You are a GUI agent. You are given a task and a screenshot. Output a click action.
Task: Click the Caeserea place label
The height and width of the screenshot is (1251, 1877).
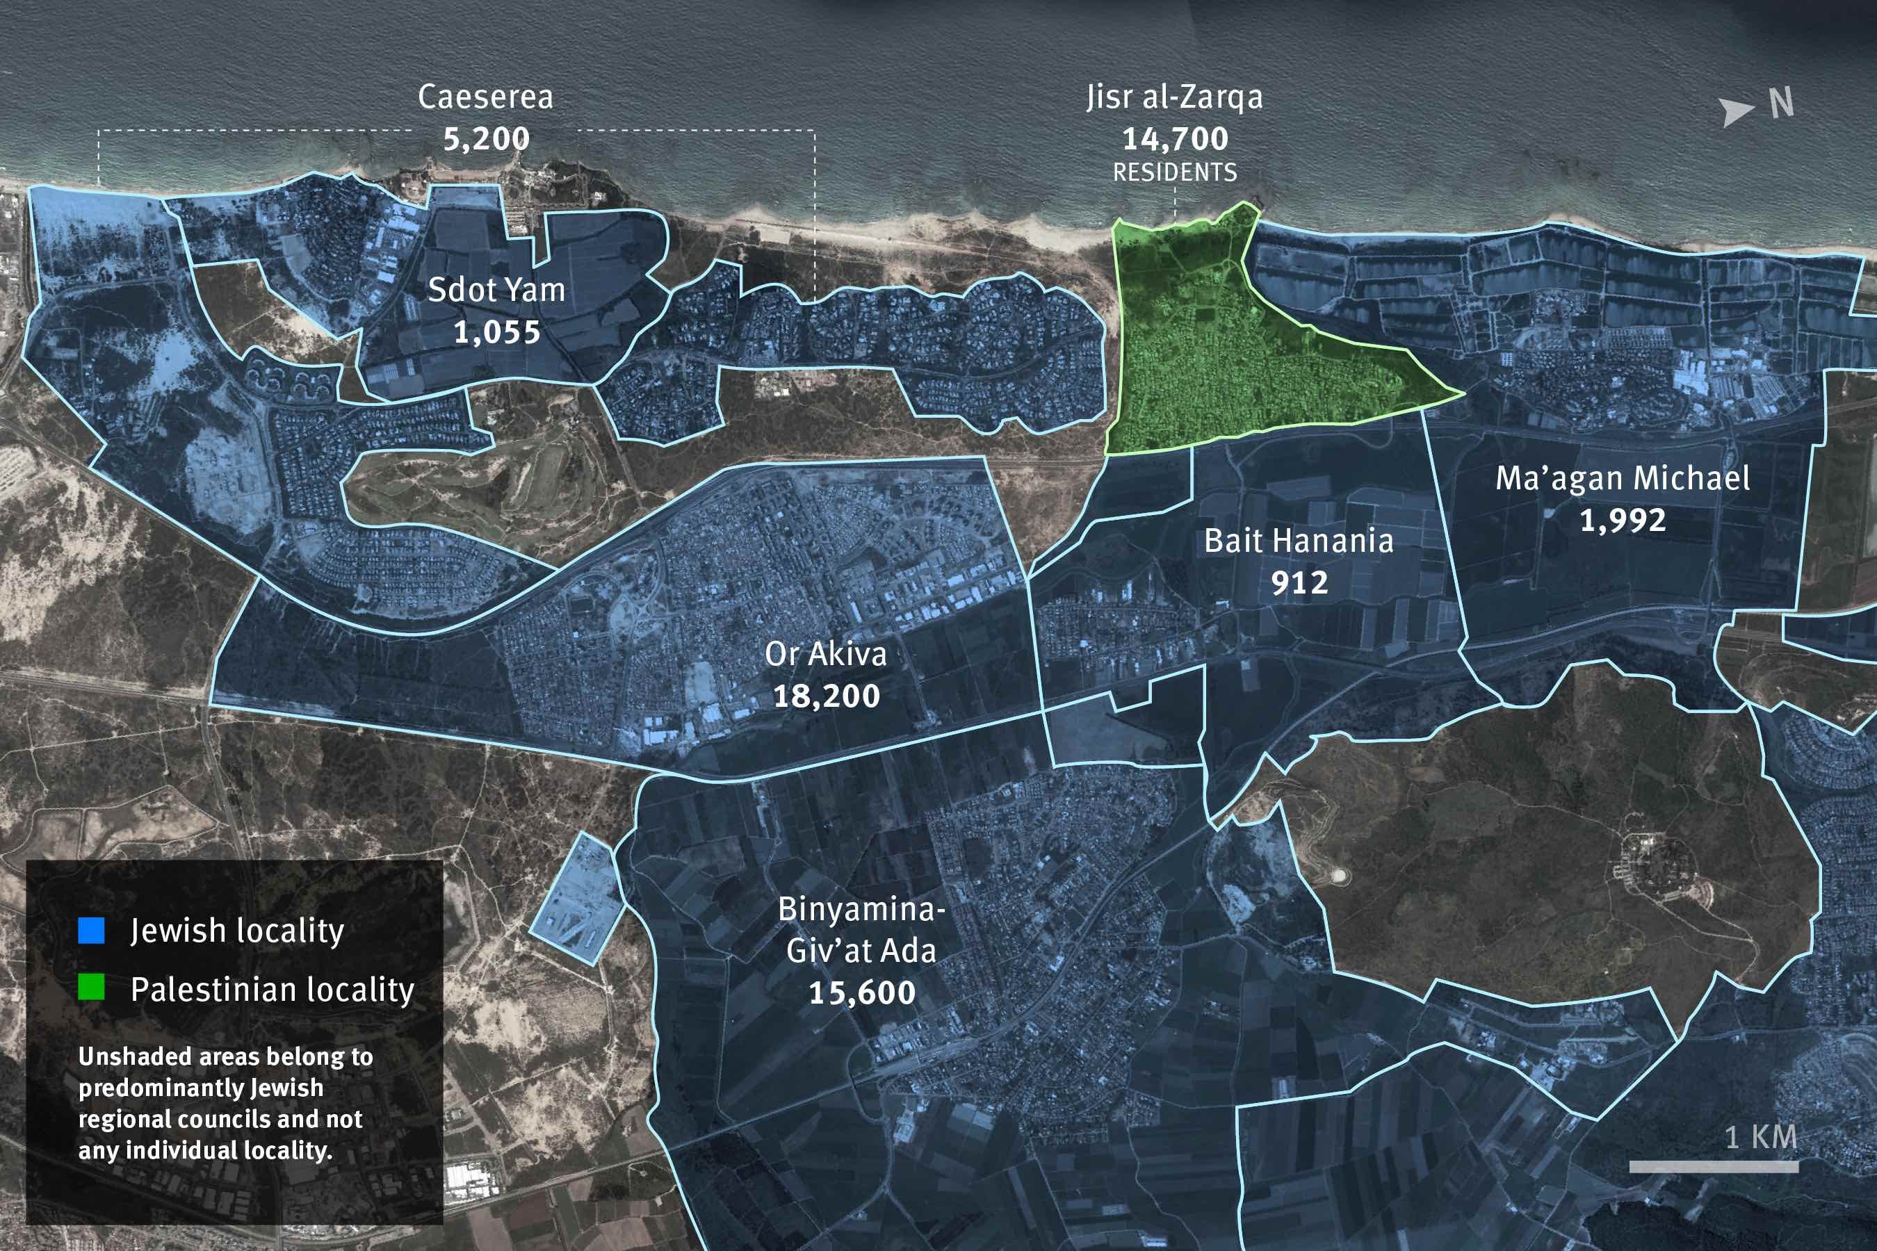tap(485, 97)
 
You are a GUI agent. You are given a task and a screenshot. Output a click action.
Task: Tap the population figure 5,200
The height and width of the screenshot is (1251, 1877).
tap(486, 140)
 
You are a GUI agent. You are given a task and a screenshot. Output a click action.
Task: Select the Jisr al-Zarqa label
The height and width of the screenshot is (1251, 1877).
tap(1174, 97)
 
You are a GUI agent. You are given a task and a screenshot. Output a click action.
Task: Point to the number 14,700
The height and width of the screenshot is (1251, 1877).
tap(1175, 140)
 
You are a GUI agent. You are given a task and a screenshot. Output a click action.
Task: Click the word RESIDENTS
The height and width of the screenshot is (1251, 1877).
tap(1175, 172)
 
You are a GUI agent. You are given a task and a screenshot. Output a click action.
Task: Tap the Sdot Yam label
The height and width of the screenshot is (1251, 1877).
tap(496, 290)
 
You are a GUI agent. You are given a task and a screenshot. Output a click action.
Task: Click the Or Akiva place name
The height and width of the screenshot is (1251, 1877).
tap(825, 654)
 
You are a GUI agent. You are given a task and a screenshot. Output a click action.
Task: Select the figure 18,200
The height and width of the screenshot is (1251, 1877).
tap(826, 696)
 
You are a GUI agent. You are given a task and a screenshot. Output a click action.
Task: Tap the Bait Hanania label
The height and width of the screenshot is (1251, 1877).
tap(1299, 541)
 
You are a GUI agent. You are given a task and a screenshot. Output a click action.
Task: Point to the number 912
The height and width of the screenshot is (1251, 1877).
tap(1299, 583)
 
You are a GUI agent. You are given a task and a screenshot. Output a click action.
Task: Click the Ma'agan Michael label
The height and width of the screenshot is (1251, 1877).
tap(1623, 479)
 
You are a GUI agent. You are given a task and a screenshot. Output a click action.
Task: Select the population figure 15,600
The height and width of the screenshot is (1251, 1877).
tap(862, 993)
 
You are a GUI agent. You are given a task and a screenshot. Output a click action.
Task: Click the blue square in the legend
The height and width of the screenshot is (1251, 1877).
tap(92, 931)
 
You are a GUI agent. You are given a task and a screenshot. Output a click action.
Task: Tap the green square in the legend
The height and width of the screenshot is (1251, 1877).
tap(92, 988)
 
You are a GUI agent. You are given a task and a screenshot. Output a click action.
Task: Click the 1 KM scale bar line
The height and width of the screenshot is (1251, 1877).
tap(1714, 1166)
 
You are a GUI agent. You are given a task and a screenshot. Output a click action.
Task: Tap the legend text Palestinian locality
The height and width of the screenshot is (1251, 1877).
tap(272, 989)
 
